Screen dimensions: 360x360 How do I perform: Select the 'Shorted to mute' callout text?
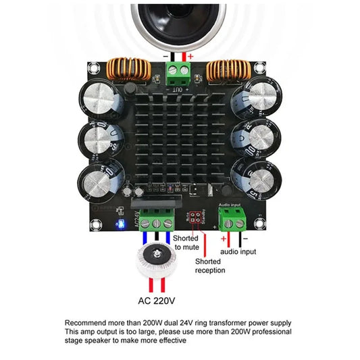(186, 243)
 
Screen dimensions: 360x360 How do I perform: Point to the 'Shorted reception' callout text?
(210, 265)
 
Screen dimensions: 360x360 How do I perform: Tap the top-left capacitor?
(103, 99)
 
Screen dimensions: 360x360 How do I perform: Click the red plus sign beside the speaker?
(190, 56)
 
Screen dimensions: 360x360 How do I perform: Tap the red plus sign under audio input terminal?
(223, 238)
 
